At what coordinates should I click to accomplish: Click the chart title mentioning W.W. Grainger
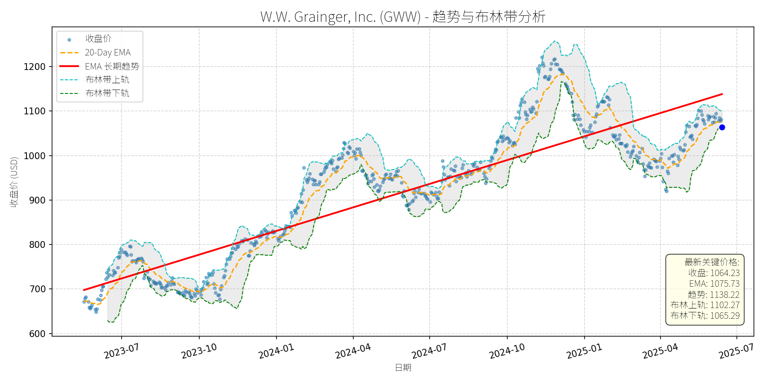(x=403, y=17)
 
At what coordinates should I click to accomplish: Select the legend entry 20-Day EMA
(x=108, y=52)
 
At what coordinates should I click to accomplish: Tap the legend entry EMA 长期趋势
(x=112, y=66)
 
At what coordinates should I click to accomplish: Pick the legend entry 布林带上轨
(x=107, y=80)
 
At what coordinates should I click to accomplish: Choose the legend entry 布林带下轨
(x=107, y=93)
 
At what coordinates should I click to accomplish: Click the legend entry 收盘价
(x=98, y=39)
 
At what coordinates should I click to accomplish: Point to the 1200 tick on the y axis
(x=35, y=67)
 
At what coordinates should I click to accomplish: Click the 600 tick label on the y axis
(x=37, y=334)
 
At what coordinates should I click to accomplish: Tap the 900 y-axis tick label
(x=37, y=200)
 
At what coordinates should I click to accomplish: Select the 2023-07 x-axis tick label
(x=122, y=351)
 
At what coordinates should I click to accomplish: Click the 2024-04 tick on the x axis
(x=353, y=351)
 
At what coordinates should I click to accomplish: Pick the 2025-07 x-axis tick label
(x=736, y=351)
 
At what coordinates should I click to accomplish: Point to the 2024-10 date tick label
(x=507, y=351)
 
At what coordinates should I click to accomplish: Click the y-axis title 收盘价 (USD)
(x=14, y=182)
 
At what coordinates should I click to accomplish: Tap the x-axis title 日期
(x=403, y=367)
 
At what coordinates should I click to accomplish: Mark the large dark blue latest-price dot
(x=722, y=127)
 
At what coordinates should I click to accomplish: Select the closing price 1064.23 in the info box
(x=725, y=273)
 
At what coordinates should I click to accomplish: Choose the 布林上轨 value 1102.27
(x=724, y=305)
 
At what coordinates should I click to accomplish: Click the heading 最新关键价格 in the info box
(x=712, y=262)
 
